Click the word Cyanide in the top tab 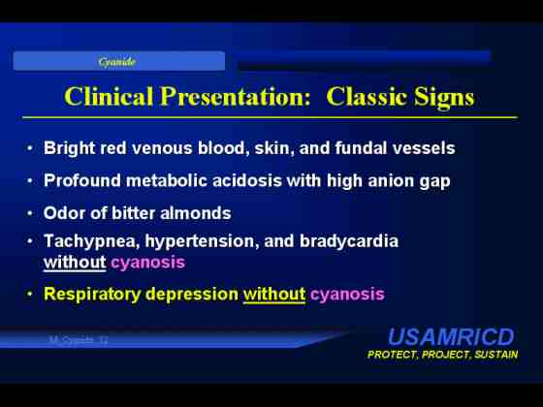click(116, 62)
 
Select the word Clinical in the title click(109, 96)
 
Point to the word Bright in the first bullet click(69, 148)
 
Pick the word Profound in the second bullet click(82, 180)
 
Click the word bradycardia click(349, 241)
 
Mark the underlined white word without click(75, 263)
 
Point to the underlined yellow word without click(274, 295)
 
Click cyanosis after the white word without click(147, 263)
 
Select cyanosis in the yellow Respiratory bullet click(347, 295)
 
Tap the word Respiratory click(92, 295)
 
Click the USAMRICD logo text click(451, 337)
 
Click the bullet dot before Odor click(30, 213)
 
